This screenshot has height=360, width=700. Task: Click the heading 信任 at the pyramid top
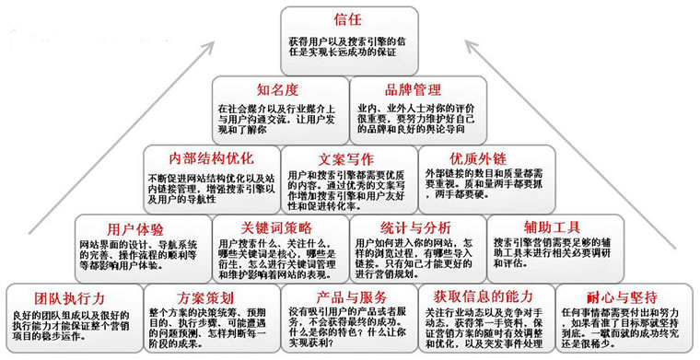pos(349,18)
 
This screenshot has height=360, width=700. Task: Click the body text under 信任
pos(349,45)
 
